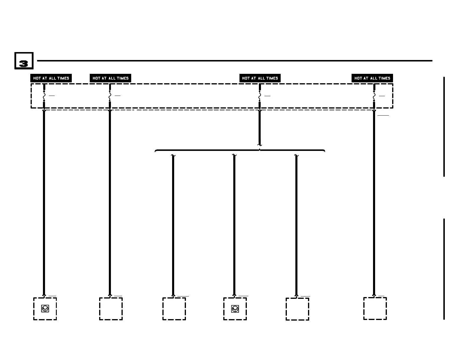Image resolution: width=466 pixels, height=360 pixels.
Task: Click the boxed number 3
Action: (24, 61)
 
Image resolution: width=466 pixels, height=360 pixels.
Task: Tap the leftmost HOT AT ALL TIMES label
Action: (51, 78)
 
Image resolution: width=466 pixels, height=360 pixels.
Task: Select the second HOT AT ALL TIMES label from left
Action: (110, 78)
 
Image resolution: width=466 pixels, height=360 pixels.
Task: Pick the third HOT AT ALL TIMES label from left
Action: (260, 78)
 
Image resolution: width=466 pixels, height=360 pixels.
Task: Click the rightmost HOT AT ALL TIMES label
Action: (372, 78)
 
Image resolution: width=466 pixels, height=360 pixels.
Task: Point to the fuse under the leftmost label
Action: (44, 96)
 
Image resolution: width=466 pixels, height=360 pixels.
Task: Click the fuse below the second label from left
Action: (110, 96)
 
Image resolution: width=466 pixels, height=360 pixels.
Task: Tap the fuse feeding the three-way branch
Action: (259, 96)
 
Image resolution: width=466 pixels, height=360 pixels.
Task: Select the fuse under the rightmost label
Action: (374, 96)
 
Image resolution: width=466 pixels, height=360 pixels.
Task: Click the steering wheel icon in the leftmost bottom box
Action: (45, 309)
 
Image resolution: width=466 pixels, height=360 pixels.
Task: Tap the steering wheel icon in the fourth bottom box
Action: (235, 309)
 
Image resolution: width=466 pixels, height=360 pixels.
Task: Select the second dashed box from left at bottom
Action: (111, 309)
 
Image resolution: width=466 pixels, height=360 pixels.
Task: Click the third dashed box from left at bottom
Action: (174, 309)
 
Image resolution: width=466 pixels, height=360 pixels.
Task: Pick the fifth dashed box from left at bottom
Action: (297, 309)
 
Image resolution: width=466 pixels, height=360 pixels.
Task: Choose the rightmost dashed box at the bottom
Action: (375, 308)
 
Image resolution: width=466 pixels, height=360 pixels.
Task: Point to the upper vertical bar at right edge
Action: (444, 126)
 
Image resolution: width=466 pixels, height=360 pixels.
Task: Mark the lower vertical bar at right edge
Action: (444, 269)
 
